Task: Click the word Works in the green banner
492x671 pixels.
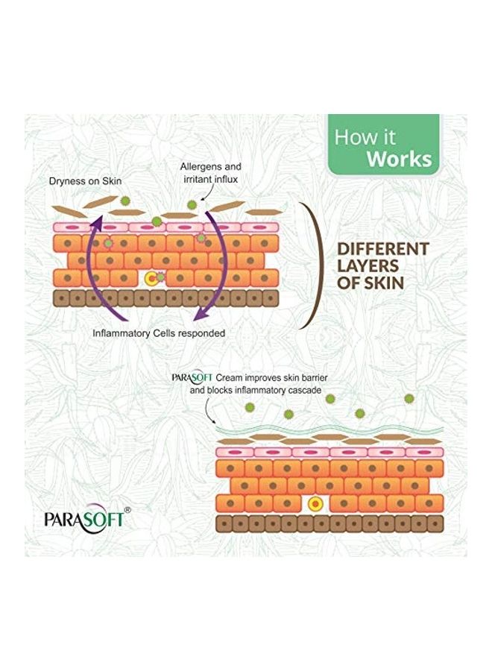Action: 400,159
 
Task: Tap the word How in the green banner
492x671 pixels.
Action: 354,137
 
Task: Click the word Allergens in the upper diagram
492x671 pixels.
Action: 202,168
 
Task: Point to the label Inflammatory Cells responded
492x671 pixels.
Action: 158,333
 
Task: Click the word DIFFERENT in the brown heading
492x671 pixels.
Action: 383,249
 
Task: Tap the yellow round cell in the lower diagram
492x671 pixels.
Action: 316,504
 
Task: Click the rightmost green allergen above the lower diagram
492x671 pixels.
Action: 409,399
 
